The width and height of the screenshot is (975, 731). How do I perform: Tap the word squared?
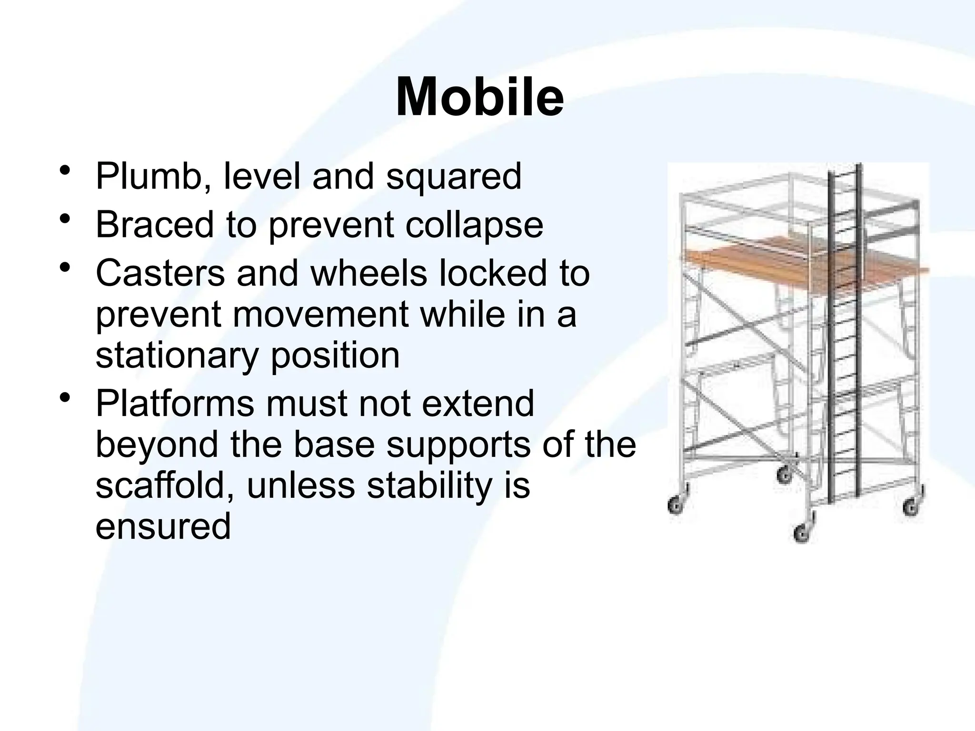(454, 177)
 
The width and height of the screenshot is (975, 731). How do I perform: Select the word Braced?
(154, 225)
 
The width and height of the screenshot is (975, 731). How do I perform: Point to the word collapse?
(474, 225)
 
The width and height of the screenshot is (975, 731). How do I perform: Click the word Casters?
(160, 274)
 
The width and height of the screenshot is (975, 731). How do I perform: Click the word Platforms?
(175, 404)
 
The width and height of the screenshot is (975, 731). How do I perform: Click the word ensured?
(163, 526)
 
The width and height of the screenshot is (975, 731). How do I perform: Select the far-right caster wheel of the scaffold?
(911, 507)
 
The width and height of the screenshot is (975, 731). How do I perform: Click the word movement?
(321, 315)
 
